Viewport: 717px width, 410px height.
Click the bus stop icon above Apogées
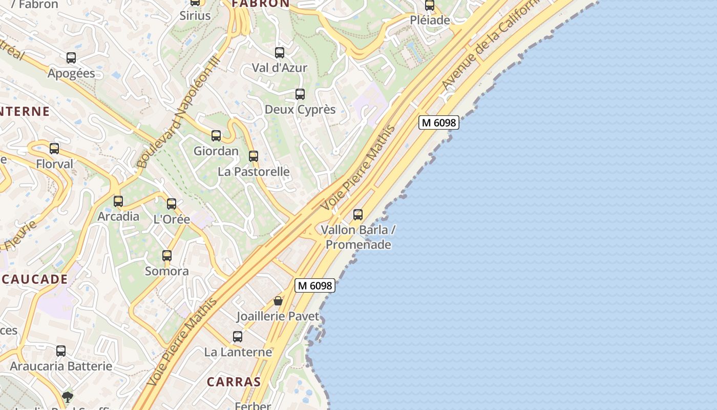click(x=71, y=58)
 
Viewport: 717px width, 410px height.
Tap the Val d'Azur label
click(x=279, y=68)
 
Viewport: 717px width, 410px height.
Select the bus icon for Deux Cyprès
click(x=300, y=94)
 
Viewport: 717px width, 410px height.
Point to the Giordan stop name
click(x=216, y=151)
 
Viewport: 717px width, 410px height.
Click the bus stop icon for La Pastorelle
click(x=254, y=156)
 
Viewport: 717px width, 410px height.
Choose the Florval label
click(x=55, y=164)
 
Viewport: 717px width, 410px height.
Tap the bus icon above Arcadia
click(x=118, y=201)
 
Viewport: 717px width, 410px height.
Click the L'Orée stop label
click(x=172, y=219)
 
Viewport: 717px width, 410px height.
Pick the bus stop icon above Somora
click(x=167, y=255)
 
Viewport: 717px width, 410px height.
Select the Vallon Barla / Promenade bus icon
click(x=358, y=215)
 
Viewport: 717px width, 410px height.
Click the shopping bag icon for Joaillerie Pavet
click(x=278, y=301)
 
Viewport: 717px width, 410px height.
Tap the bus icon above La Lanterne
click(x=238, y=337)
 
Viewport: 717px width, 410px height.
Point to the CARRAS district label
click(x=234, y=382)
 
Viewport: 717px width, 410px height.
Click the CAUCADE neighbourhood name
click(x=35, y=279)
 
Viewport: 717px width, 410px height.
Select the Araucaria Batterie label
click(x=61, y=366)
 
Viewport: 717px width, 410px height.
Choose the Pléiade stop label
click(x=430, y=20)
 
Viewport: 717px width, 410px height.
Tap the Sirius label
click(x=195, y=16)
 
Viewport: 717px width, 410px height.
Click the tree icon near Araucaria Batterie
click(x=67, y=397)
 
